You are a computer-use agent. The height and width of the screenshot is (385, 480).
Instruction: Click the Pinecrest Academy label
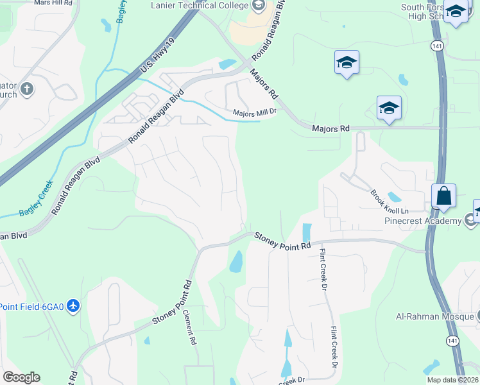(423, 221)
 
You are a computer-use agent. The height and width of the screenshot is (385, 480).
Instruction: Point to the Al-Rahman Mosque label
(433, 316)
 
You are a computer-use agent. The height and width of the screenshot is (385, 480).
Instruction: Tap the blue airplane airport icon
(73, 305)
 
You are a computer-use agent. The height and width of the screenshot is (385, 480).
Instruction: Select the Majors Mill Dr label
(253, 113)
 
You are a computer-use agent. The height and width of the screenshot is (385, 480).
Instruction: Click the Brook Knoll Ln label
(389, 201)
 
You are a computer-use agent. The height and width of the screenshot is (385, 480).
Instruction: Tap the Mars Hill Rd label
(53, 3)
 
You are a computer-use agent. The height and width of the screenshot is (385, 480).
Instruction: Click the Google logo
(21, 377)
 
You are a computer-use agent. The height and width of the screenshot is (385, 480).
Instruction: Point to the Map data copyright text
(452, 380)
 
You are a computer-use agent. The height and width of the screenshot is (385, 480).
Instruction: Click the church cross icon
(26, 89)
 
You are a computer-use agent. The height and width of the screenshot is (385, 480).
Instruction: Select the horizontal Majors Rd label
(330, 128)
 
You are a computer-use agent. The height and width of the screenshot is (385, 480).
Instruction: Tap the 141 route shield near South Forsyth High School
(436, 46)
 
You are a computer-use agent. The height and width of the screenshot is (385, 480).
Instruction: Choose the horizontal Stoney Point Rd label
(282, 241)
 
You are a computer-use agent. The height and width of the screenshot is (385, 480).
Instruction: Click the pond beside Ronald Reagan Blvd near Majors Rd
(227, 64)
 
